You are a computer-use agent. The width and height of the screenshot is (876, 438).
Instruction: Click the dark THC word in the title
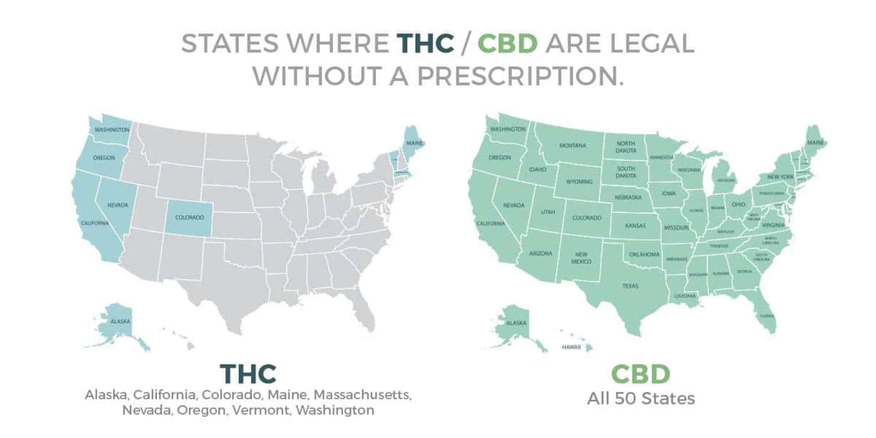coord(425,43)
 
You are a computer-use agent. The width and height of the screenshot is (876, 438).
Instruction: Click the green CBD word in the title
coord(507,43)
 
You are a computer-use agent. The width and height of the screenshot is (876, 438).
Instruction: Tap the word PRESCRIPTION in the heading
coord(520,76)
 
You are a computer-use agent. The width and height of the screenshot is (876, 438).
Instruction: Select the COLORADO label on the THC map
coord(189,218)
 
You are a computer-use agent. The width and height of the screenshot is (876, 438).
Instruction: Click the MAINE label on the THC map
coord(415,143)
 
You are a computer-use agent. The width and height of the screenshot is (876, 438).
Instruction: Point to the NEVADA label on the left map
coord(118,205)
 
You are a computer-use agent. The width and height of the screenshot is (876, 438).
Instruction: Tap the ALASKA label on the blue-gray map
coord(120,322)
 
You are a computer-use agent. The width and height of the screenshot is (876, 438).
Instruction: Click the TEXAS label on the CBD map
coord(630,286)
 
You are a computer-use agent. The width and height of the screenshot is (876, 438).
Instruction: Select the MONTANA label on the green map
coord(573,146)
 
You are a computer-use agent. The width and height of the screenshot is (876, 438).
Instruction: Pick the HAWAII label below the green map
coord(571,348)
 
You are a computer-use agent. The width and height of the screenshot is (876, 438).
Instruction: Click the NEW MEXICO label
coord(581,258)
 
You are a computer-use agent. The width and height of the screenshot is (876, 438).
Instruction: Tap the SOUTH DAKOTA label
coord(626,172)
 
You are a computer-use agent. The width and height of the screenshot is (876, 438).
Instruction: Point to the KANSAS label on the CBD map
coord(636,226)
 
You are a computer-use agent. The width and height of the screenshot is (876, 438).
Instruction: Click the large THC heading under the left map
coord(248,374)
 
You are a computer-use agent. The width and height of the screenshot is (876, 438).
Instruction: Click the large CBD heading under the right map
coord(641,374)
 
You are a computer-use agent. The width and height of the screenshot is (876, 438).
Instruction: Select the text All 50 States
coord(641,399)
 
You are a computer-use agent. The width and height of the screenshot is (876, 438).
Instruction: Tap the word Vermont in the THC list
coord(261,410)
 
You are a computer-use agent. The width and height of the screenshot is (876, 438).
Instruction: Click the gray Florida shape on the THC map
coord(365,310)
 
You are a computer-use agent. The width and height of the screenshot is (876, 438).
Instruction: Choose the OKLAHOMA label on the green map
coord(644,255)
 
